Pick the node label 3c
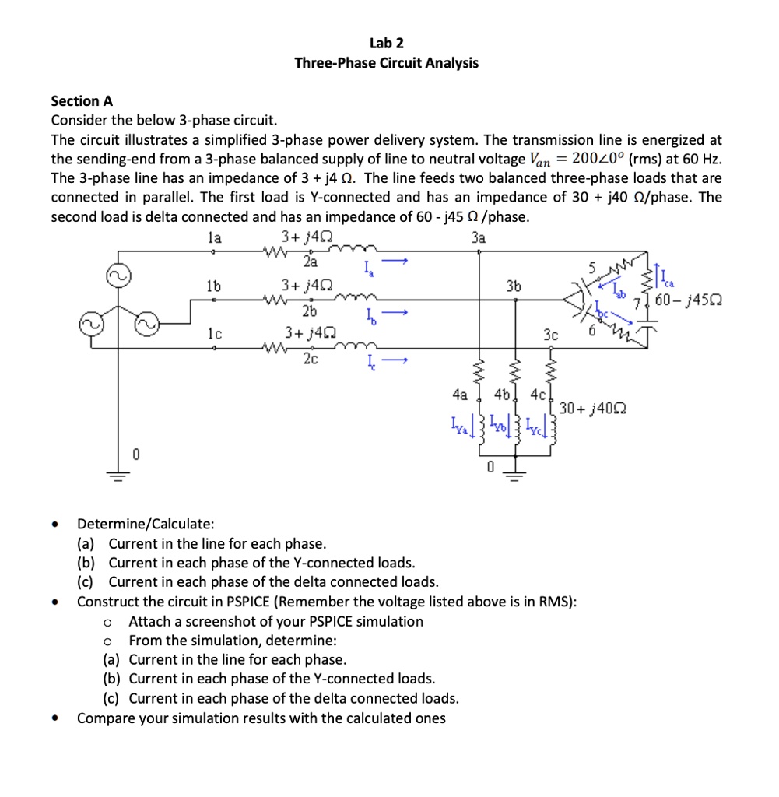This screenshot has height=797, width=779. [551, 335]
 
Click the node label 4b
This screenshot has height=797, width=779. [512, 394]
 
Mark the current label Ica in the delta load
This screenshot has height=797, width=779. [667, 275]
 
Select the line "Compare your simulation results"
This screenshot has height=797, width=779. [261, 718]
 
